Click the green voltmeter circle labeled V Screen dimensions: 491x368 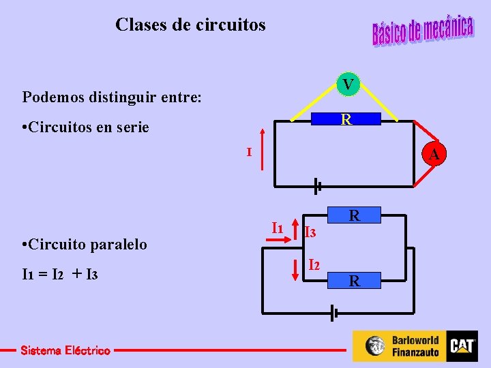348,85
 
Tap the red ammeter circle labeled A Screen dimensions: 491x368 433,156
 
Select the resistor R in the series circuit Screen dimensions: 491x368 346,121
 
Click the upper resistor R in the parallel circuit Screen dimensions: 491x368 354,217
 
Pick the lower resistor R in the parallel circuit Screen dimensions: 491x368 354,280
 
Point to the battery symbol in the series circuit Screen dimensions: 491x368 317,184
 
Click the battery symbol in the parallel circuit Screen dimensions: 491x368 333,313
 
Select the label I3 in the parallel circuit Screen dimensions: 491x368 310,233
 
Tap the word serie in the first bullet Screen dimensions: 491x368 130,127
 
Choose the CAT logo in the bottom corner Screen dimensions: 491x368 462,346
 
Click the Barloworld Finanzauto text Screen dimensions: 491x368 415,346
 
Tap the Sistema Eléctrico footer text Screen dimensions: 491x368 65,350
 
